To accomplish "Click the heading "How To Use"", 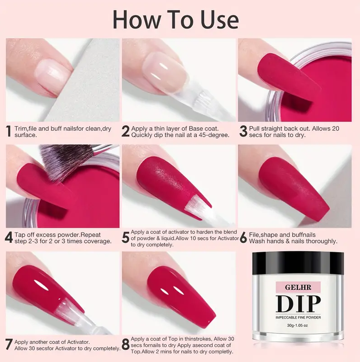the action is click(x=175, y=20).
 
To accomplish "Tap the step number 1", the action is click(x=9, y=131).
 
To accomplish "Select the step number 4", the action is click(x=9, y=238).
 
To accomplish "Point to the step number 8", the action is click(x=126, y=345).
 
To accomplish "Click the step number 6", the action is click(x=243, y=238).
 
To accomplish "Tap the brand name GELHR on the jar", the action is click(x=298, y=287).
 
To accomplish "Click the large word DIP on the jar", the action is click(x=298, y=304).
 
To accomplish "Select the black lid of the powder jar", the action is click(x=298, y=263).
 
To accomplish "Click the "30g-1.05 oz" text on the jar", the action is click(x=298, y=325).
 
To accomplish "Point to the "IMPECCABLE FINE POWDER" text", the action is click(x=298, y=318).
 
